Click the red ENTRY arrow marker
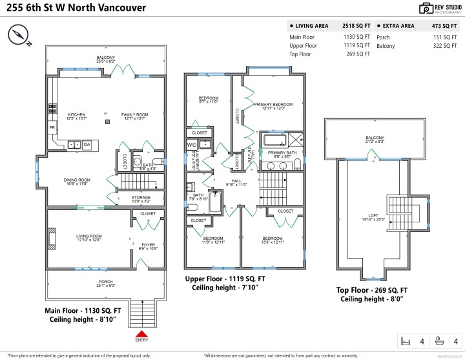141,332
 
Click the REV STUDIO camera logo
426,8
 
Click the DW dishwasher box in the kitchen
87,144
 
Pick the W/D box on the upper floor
192,145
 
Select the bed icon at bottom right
406,341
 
